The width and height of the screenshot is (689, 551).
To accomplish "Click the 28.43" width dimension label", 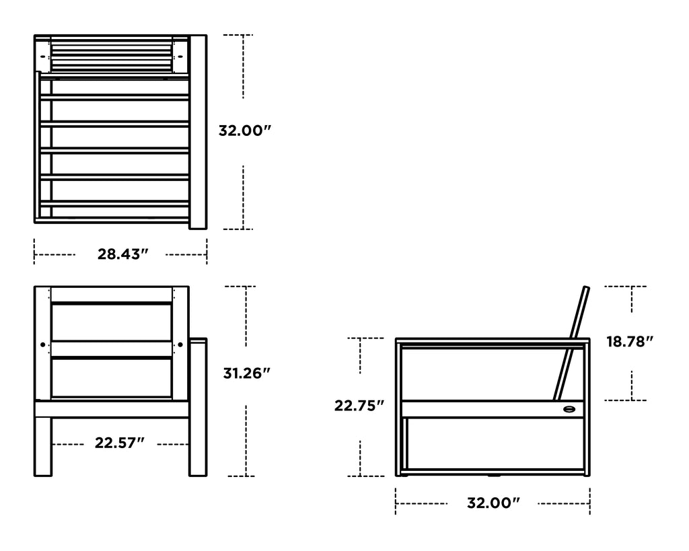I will click(x=122, y=254).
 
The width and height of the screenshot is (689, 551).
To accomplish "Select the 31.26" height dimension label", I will click(x=247, y=373).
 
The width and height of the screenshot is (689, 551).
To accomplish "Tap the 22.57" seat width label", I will click(x=120, y=443).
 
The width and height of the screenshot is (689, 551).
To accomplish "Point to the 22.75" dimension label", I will click(x=359, y=406).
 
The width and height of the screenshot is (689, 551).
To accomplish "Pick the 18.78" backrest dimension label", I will click(x=630, y=342).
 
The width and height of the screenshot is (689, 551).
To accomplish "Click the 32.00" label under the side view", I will click(x=494, y=503).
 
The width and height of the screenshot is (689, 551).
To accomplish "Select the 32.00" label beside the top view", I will click(x=244, y=131).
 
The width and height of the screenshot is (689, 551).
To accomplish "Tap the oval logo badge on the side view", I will click(x=571, y=408).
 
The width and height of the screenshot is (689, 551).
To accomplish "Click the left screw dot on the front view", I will click(x=43, y=344).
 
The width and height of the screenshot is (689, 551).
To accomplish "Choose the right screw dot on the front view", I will click(x=180, y=344).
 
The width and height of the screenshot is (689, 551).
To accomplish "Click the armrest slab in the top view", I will click(x=198, y=131).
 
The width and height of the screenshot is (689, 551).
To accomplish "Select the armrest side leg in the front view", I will click(x=198, y=407).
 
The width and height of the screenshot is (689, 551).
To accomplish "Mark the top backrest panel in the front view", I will click(x=111, y=322).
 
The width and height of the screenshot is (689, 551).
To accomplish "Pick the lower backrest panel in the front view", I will click(x=111, y=377).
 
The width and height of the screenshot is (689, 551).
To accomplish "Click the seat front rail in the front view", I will click(x=111, y=409).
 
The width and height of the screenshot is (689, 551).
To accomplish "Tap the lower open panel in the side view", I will click(x=495, y=444).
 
